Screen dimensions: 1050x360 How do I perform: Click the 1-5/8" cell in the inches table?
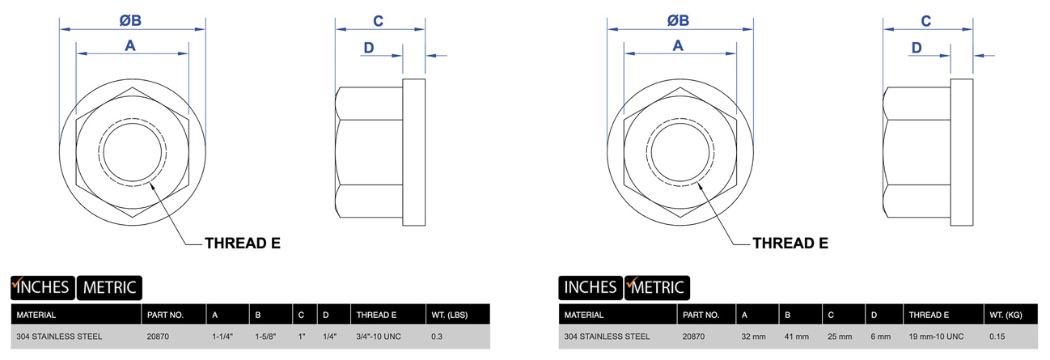coord(265,337)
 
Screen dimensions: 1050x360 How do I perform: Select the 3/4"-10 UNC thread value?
coord(379,337)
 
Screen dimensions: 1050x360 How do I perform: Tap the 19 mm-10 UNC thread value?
coord(936,337)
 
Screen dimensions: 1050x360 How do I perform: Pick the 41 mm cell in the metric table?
coord(797,337)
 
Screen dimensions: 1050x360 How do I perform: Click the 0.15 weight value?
coord(997,337)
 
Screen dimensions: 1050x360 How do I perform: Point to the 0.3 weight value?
coord(436,337)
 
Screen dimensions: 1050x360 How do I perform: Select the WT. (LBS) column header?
coord(450,315)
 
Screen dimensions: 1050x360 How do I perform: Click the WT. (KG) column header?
coord(1006,315)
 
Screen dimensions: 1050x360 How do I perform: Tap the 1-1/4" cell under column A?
coord(222,337)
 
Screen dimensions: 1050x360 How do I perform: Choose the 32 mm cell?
coord(753,337)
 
